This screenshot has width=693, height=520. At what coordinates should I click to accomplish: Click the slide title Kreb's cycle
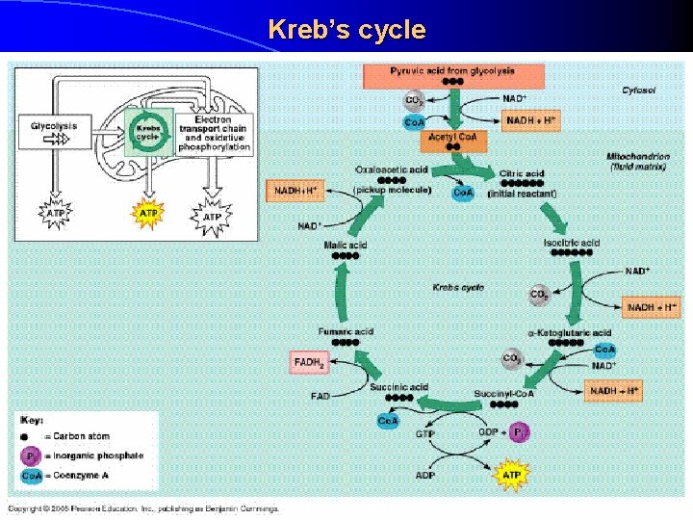pos(346,30)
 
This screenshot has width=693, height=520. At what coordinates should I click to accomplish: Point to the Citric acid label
pos(522,174)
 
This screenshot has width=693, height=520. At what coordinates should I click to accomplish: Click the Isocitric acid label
pos(572,242)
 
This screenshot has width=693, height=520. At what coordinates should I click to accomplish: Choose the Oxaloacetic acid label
pos(392,169)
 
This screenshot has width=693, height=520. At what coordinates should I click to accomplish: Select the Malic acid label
pos(346,246)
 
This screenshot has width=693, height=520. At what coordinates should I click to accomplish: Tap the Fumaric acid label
pos(346,332)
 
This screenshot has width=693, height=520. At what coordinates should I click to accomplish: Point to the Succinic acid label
pos(398,387)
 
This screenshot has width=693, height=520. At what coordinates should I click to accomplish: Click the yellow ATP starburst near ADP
pos(511,475)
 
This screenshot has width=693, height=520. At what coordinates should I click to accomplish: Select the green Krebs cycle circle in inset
pos(147,132)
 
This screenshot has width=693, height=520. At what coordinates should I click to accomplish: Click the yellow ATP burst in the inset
pos(148,213)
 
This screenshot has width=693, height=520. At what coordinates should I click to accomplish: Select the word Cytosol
pos(639,91)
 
